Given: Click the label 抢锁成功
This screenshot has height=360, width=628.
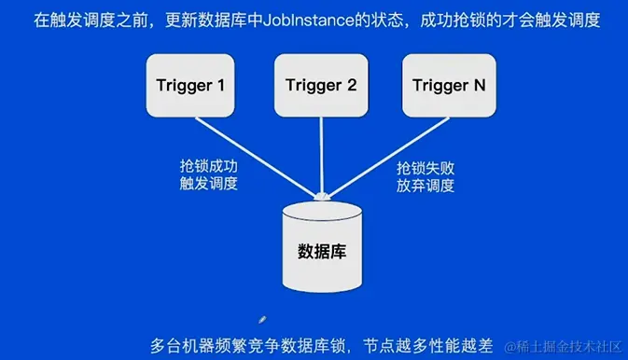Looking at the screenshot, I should pyautogui.click(x=209, y=166).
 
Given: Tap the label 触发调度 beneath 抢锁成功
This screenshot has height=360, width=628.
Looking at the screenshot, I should pyautogui.click(x=209, y=184).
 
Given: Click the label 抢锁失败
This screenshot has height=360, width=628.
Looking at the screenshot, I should pyautogui.click(x=426, y=168).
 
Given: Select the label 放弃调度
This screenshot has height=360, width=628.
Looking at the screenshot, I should pyautogui.click(x=426, y=186).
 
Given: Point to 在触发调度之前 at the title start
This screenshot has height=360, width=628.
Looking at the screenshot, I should pyautogui.click(x=81, y=19).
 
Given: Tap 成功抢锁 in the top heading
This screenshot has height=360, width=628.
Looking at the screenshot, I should pyautogui.click(x=445, y=19).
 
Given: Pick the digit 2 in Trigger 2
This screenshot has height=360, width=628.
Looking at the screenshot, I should pyautogui.click(x=351, y=86).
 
